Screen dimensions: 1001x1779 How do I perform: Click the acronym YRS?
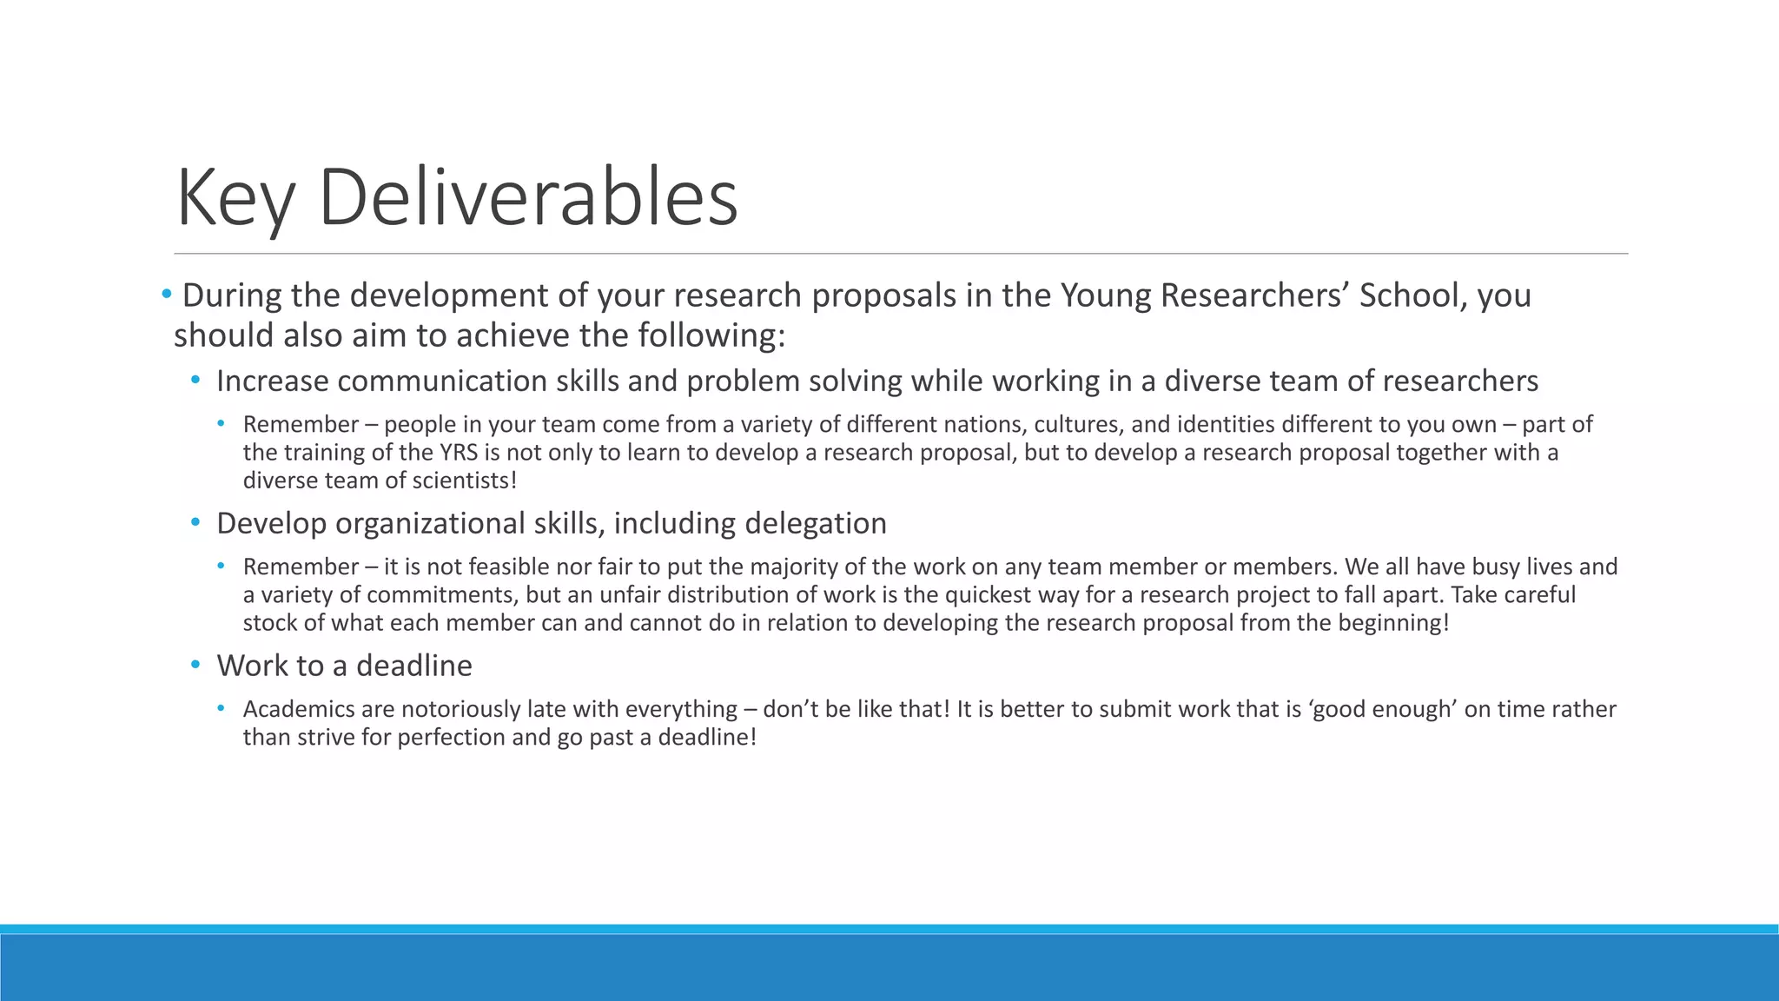(459, 453)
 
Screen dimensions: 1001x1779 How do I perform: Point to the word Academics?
(298, 709)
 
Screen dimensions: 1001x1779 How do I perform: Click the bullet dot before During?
(166, 295)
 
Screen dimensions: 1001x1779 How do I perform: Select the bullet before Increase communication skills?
(195, 381)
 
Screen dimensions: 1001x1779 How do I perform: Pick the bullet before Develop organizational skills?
(195, 523)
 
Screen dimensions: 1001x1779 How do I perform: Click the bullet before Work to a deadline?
(195, 666)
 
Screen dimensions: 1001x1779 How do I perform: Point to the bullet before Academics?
(222, 709)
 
